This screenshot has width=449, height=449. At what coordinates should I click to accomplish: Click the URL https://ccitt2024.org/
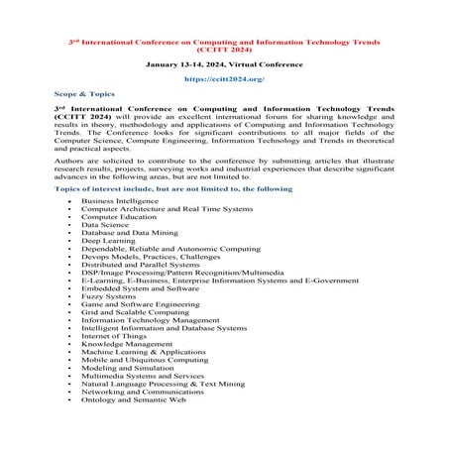(224, 77)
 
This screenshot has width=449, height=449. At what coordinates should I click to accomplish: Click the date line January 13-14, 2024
(224, 61)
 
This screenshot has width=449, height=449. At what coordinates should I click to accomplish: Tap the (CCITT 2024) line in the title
(224, 45)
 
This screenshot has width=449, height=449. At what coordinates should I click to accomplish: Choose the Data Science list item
(105, 224)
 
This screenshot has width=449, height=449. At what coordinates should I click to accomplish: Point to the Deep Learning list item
(108, 240)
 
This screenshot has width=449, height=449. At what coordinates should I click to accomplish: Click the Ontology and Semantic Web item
(133, 397)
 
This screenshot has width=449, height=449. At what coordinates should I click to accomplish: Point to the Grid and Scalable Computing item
(130, 310)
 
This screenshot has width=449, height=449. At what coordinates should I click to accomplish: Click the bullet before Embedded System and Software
(67, 287)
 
